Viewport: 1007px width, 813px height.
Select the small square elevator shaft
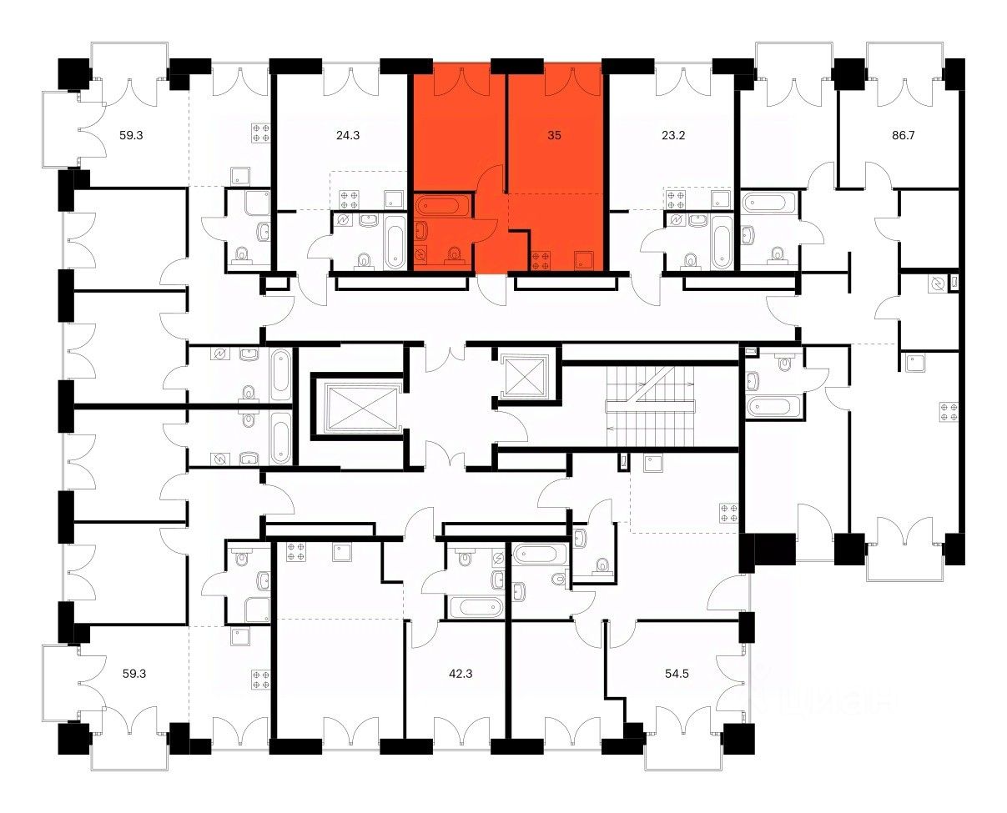tap(526, 374)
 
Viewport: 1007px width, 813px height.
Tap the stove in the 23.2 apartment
tap(676, 198)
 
